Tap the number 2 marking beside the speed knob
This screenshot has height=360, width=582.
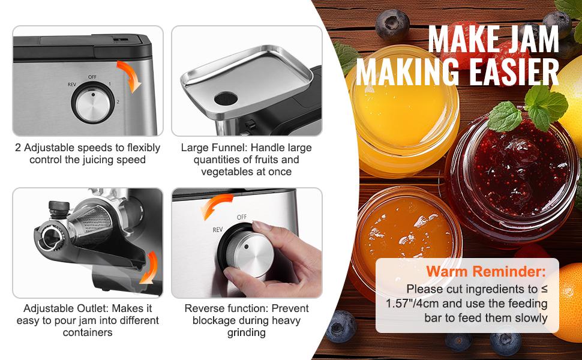118,102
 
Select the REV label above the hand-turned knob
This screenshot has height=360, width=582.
217,229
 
